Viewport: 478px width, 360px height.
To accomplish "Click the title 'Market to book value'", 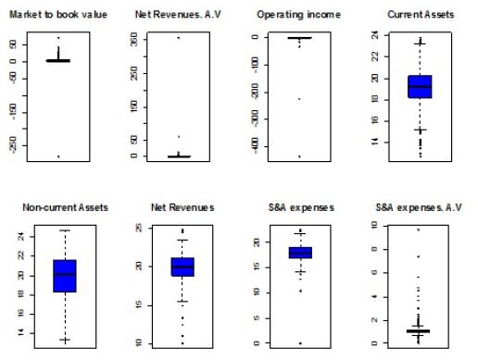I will pyautogui.click(x=58, y=16).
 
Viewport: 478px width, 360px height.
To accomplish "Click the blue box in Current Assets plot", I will pyautogui.click(x=420, y=86).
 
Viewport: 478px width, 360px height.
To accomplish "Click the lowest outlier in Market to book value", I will pyautogui.click(x=58, y=156).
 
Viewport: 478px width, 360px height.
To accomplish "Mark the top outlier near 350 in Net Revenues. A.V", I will pyautogui.click(x=179, y=38).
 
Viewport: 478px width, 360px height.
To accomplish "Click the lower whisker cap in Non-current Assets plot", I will pyautogui.click(x=65, y=340).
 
